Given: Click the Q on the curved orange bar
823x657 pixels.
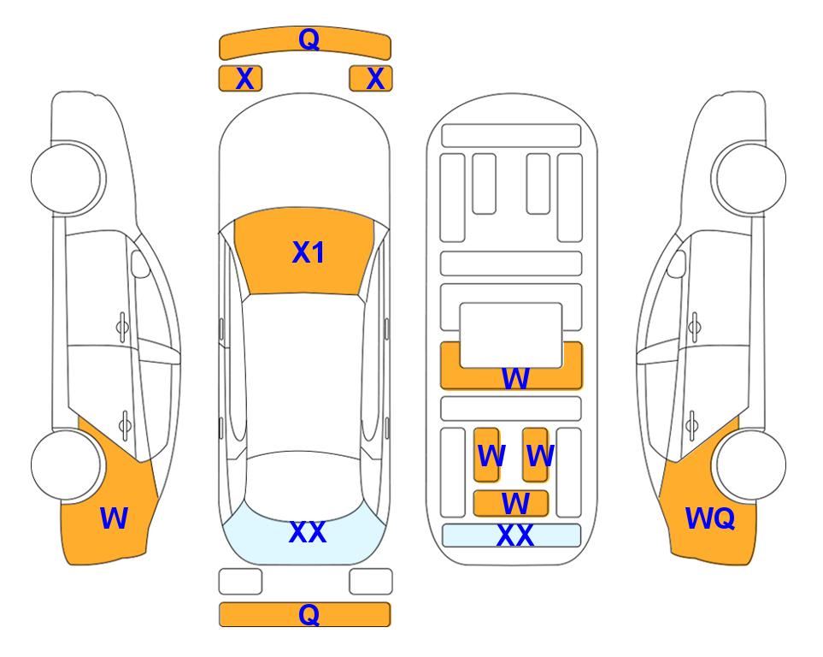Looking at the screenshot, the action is pyautogui.click(x=309, y=38).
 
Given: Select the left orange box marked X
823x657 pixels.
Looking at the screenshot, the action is pyautogui.click(x=240, y=79).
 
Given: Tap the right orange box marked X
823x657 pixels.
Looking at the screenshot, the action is pyautogui.click(x=371, y=79).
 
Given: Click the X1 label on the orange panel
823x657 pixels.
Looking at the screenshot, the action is pyautogui.click(x=309, y=252).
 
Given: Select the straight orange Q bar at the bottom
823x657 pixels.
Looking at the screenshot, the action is pyautogui.click(x=305, y=614).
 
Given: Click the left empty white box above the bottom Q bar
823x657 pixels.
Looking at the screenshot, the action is pyautogui.click(x=240, y=582).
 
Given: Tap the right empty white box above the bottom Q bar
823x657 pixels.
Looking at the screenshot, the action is pyautogui.click(x=371, y=582).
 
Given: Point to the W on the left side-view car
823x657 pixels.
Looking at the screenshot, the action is pyautogui.click(x=114, y=518).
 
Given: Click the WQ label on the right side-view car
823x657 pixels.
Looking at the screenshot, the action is pyautogui.click(x=710, y=518).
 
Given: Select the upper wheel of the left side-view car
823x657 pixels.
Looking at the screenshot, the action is pyautogui.click(x=68, y=178).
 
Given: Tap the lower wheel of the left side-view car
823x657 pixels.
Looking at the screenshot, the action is pyautogui.click(x=66, y=465).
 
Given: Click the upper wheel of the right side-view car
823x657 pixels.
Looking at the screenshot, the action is pyautogui.click(x=750, y=178).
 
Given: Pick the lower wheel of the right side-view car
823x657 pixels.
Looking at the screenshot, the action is pyautogui.click(x=751, y=465).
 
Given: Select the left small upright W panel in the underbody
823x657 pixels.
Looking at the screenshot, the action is pyautogui.click(x=486, y=455).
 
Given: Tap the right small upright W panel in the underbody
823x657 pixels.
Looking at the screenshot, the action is pyautogui.click(x=535, y=455).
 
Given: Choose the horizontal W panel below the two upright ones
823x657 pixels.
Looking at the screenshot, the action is pyautogui.click(x=511, y=504).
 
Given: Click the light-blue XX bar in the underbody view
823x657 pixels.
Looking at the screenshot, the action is pyautogui.click(x=512, y=536).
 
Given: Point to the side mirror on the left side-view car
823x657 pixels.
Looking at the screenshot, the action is pyautogui.click(x=140, y=263).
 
